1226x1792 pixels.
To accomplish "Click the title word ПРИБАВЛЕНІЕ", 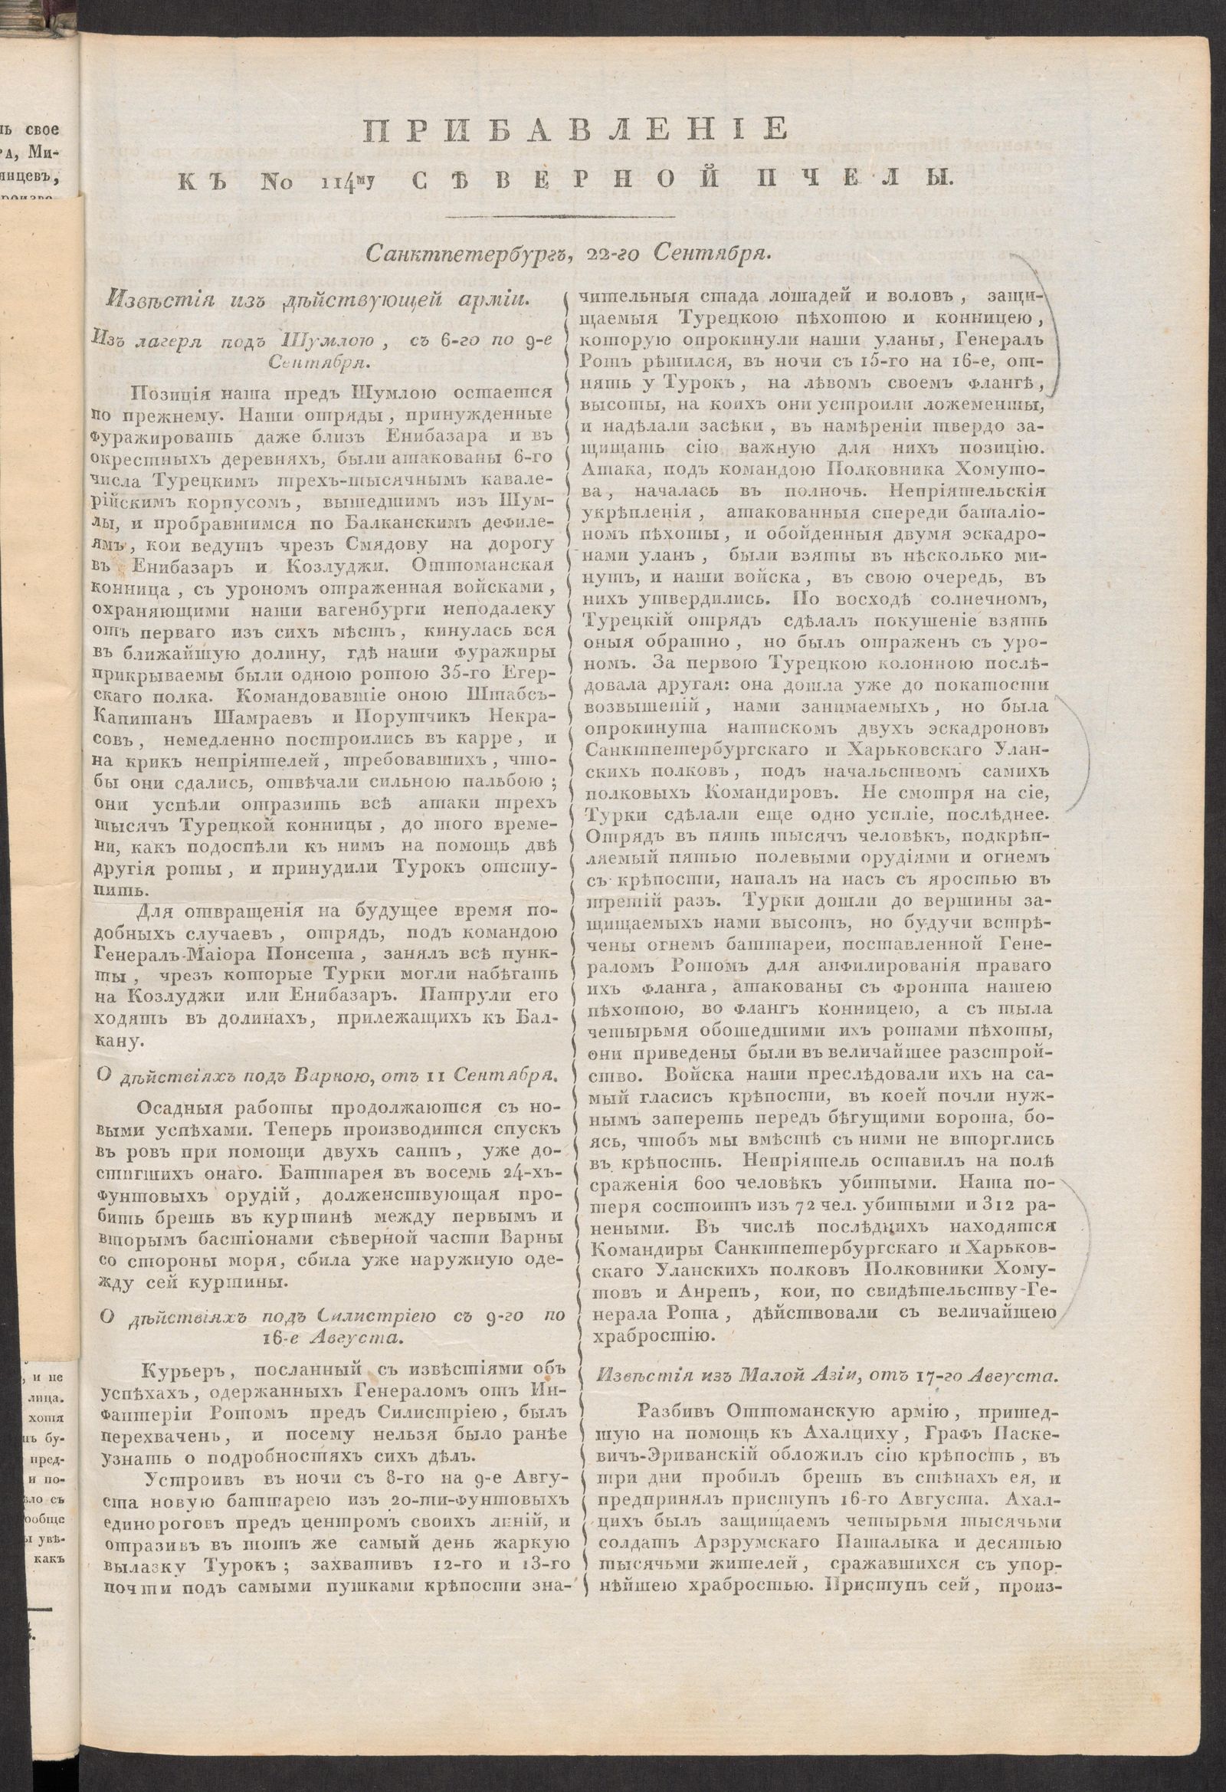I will point(575,128).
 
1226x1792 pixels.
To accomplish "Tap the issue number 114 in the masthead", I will point(336,182).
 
